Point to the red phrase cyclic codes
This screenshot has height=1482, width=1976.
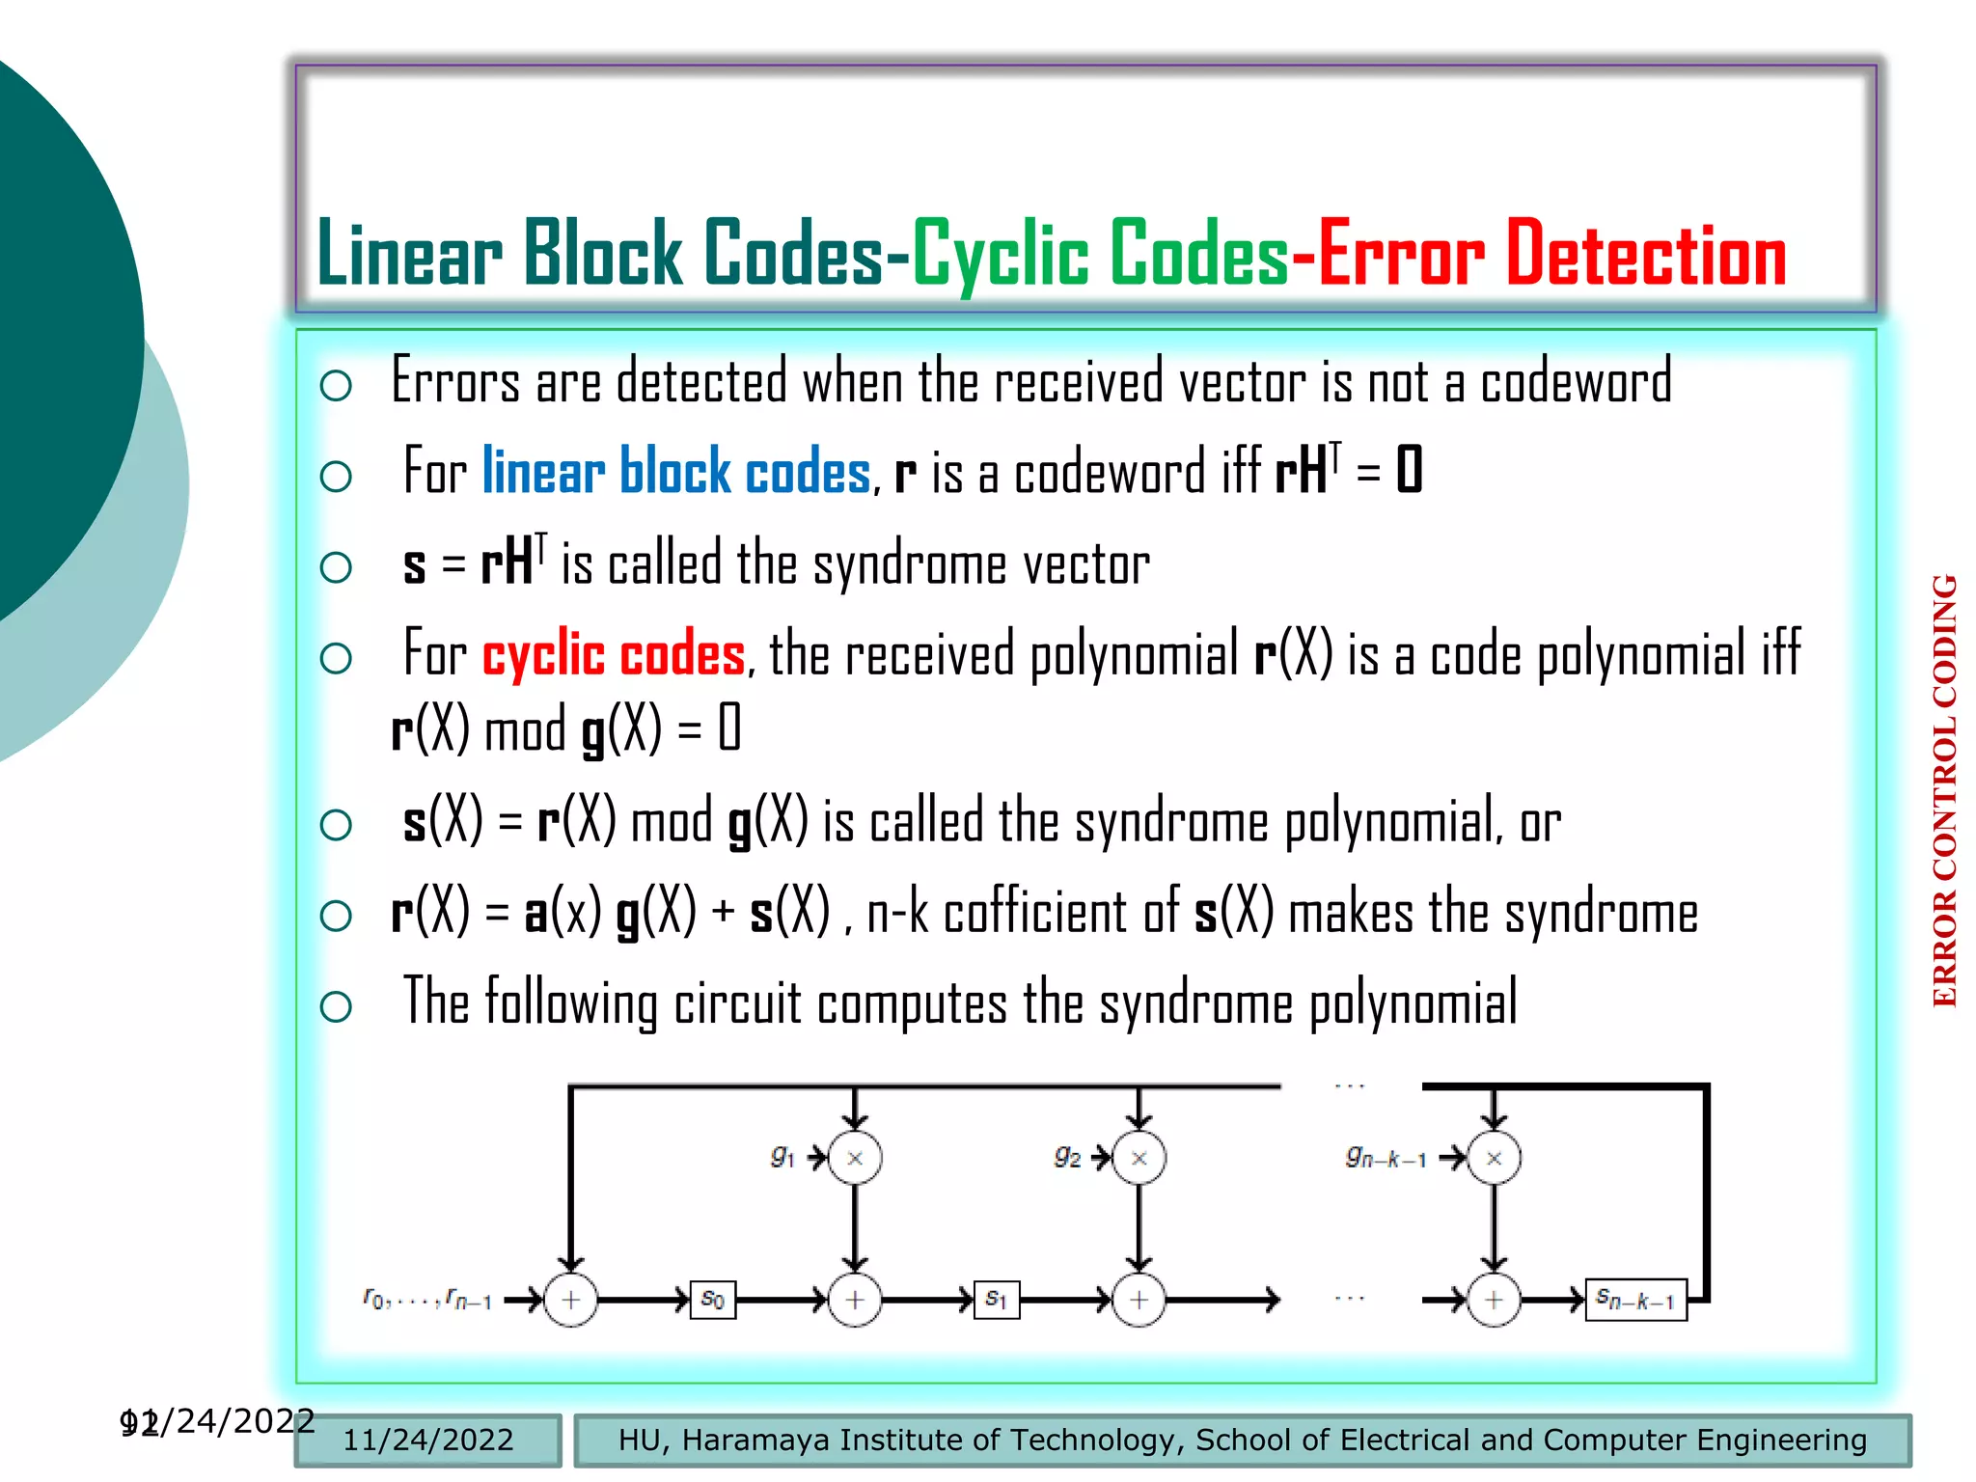point(614,655)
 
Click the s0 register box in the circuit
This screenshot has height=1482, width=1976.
point(713,1300)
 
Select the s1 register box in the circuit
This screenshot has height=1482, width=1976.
point(997,1300)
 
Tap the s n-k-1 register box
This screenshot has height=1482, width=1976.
point(1635,1300)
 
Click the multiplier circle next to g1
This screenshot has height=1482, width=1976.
point(855,1158)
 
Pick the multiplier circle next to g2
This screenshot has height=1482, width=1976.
point(1139,1158)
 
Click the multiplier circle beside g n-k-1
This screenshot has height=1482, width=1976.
point(1494,1158)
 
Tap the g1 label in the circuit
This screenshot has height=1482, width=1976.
point(782,1156)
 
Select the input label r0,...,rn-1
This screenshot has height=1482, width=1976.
point(427,1300)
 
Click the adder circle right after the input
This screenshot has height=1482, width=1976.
point(571,1300)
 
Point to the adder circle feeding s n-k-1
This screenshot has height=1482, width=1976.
point(1494,1300)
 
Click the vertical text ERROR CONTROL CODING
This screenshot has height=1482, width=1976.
point(1944,791)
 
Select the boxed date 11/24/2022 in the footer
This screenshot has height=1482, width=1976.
point(428,1440)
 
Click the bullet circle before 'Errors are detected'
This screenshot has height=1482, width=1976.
point(336,386)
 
